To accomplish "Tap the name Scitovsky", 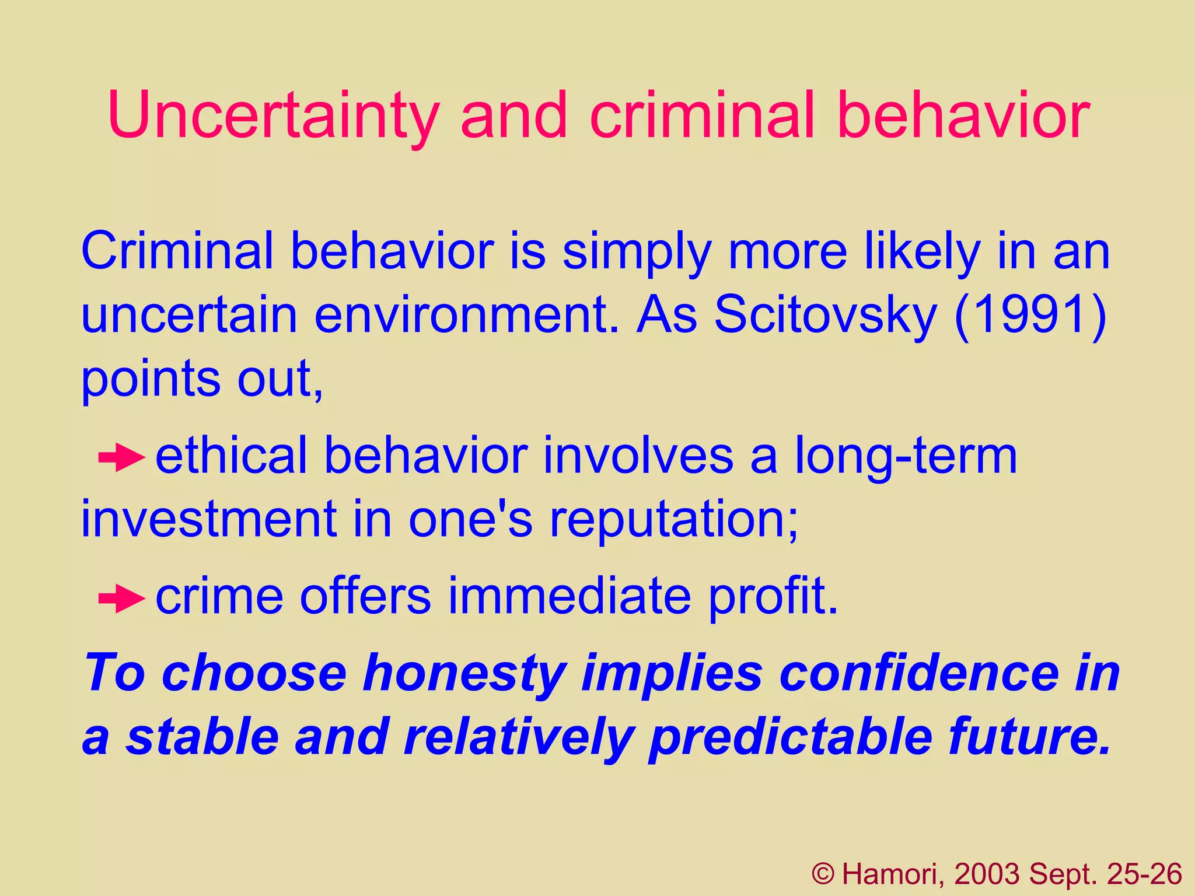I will click(825, 315).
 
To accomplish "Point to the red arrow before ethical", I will click(121, 459).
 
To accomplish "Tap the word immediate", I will click(569, 596).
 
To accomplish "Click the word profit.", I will click(773, 596).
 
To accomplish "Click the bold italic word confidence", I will click(919, 674).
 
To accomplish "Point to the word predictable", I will click(791, 738).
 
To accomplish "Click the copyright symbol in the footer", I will click(823, 874).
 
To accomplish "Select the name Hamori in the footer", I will click(893, 874).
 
